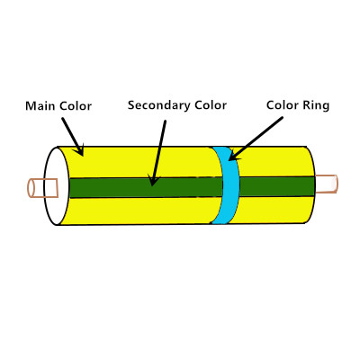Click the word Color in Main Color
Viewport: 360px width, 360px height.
click(x=76, y=106)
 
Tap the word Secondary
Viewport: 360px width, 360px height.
click(x=159, y=105)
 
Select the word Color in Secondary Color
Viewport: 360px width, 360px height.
click(x=211, y=105)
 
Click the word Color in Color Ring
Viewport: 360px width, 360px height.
click(x=283, y=105)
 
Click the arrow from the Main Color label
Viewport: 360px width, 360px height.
click(x=73, y=137)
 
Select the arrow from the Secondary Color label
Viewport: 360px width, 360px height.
click(x=158, y=153)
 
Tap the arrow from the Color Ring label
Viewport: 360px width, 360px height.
click(x=256, y=139)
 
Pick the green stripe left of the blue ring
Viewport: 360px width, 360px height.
click(x=146, y=187)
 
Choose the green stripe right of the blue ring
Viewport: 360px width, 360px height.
click(x=276, y=186)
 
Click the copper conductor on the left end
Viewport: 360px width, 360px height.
click(x=42, y=188)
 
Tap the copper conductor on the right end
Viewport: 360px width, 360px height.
click(x=327, y=184)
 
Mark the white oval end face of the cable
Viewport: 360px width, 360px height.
click(x=57, y=186)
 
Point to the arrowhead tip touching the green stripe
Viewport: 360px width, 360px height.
click(x=152, y=186)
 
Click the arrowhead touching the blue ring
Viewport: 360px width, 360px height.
click(x=229, y=160)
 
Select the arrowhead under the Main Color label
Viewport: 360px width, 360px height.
click(x=82, y=156)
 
